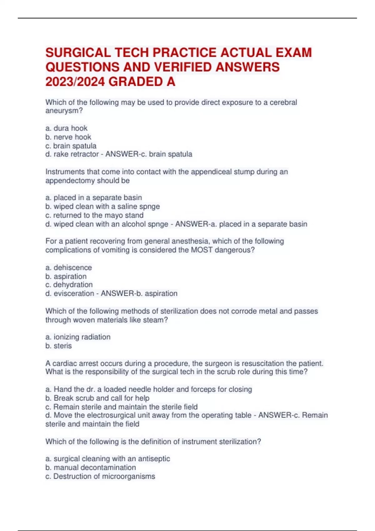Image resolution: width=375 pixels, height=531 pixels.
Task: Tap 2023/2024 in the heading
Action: click(75, 82)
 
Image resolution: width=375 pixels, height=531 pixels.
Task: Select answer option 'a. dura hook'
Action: click(66, 128)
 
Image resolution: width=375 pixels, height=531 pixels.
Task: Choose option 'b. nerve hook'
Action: click(68, 137)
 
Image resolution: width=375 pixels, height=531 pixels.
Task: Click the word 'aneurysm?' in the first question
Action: click(64, 111)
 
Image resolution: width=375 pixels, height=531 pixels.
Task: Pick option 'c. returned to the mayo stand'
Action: click(94, 215)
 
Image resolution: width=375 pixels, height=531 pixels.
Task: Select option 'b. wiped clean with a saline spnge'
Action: click(102, 206)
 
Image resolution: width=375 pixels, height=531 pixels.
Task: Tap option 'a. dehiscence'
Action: click(68, 267)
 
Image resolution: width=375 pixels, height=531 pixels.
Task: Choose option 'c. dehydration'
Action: click(69, 285)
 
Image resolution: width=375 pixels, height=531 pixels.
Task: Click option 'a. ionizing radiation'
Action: click(78, 337)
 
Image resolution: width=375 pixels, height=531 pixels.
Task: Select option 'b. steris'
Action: click(58, 346)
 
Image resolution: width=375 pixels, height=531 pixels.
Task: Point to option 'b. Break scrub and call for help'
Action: click(97, 398)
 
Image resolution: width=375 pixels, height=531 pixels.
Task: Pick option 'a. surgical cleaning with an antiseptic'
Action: click(107, 459)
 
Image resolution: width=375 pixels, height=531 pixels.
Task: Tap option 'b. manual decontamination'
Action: click(91, 467)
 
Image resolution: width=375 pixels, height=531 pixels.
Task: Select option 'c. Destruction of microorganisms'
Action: click(100, 476)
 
